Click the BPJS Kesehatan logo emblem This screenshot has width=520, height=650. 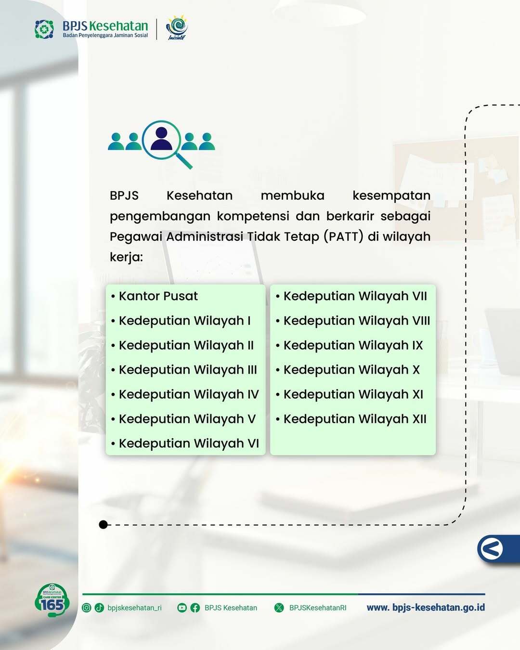(44, 29)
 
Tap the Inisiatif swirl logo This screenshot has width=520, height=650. (177, 28)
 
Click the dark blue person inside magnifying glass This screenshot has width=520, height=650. (161, 139)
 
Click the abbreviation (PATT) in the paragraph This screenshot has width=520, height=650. (343, 236)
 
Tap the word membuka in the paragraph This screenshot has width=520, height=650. (292, 196)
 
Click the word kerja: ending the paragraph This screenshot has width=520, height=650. (126, 257)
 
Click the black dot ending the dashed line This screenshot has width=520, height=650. (104, 525)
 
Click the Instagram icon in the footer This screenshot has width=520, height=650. (86, 608)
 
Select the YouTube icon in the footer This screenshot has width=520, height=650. (182, 608)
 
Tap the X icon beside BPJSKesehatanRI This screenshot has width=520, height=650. (279, 608)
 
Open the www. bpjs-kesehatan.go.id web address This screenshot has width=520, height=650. (426, 608)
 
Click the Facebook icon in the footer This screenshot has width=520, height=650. (195, 608)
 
